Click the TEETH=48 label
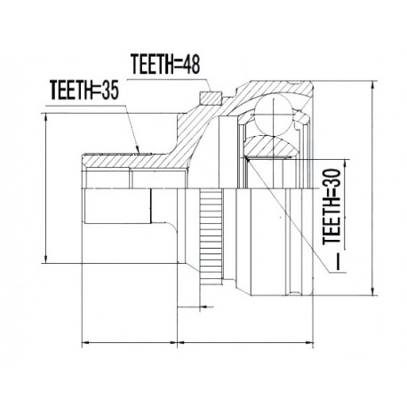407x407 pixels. (x=165, y=64)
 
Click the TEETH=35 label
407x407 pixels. (x=84, y=90)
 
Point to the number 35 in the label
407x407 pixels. (x=109, y=90)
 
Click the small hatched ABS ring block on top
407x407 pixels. (x=211, y=98)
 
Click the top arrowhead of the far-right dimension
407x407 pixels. (x=373, y=85)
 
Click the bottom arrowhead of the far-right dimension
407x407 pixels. (x=373, y=291)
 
